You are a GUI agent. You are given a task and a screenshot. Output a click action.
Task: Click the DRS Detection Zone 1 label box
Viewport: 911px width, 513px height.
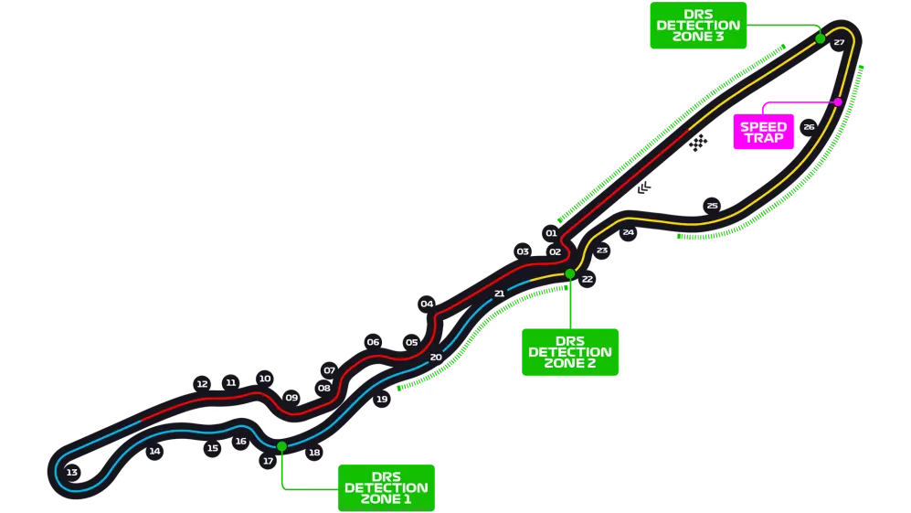387,487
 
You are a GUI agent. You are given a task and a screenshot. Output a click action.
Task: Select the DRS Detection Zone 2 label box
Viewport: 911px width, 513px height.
570,351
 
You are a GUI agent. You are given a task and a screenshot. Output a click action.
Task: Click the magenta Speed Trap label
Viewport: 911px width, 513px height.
763,133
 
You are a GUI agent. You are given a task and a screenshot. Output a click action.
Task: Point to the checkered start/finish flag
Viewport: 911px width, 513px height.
699,143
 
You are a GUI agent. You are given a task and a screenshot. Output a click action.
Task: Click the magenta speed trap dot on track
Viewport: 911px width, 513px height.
837,102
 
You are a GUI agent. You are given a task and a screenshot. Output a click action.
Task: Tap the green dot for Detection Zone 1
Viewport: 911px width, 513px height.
281,446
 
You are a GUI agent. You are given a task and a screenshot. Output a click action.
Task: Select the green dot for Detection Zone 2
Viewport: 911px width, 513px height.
570,273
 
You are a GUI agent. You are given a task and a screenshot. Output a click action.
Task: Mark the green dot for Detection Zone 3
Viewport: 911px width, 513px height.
821,38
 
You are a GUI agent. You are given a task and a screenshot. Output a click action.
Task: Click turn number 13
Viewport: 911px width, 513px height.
71,473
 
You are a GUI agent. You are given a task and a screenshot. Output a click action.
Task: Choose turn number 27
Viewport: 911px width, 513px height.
839,42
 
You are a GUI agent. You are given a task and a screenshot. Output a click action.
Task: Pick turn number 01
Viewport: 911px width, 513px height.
551,233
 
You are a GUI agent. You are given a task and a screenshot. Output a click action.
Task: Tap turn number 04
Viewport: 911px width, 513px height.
427,304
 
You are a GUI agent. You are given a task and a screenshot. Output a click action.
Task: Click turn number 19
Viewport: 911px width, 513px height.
382,399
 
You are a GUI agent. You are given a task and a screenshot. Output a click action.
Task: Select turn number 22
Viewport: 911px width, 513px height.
587,279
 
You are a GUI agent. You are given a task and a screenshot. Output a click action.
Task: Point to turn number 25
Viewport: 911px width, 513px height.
712,206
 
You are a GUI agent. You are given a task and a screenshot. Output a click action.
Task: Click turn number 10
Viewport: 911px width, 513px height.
265,379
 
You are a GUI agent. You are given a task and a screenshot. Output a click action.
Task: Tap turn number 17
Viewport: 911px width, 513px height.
268,461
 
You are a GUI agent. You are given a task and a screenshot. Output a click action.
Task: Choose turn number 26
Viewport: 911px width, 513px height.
809,127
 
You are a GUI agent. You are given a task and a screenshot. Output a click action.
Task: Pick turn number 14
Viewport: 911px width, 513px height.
154,451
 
